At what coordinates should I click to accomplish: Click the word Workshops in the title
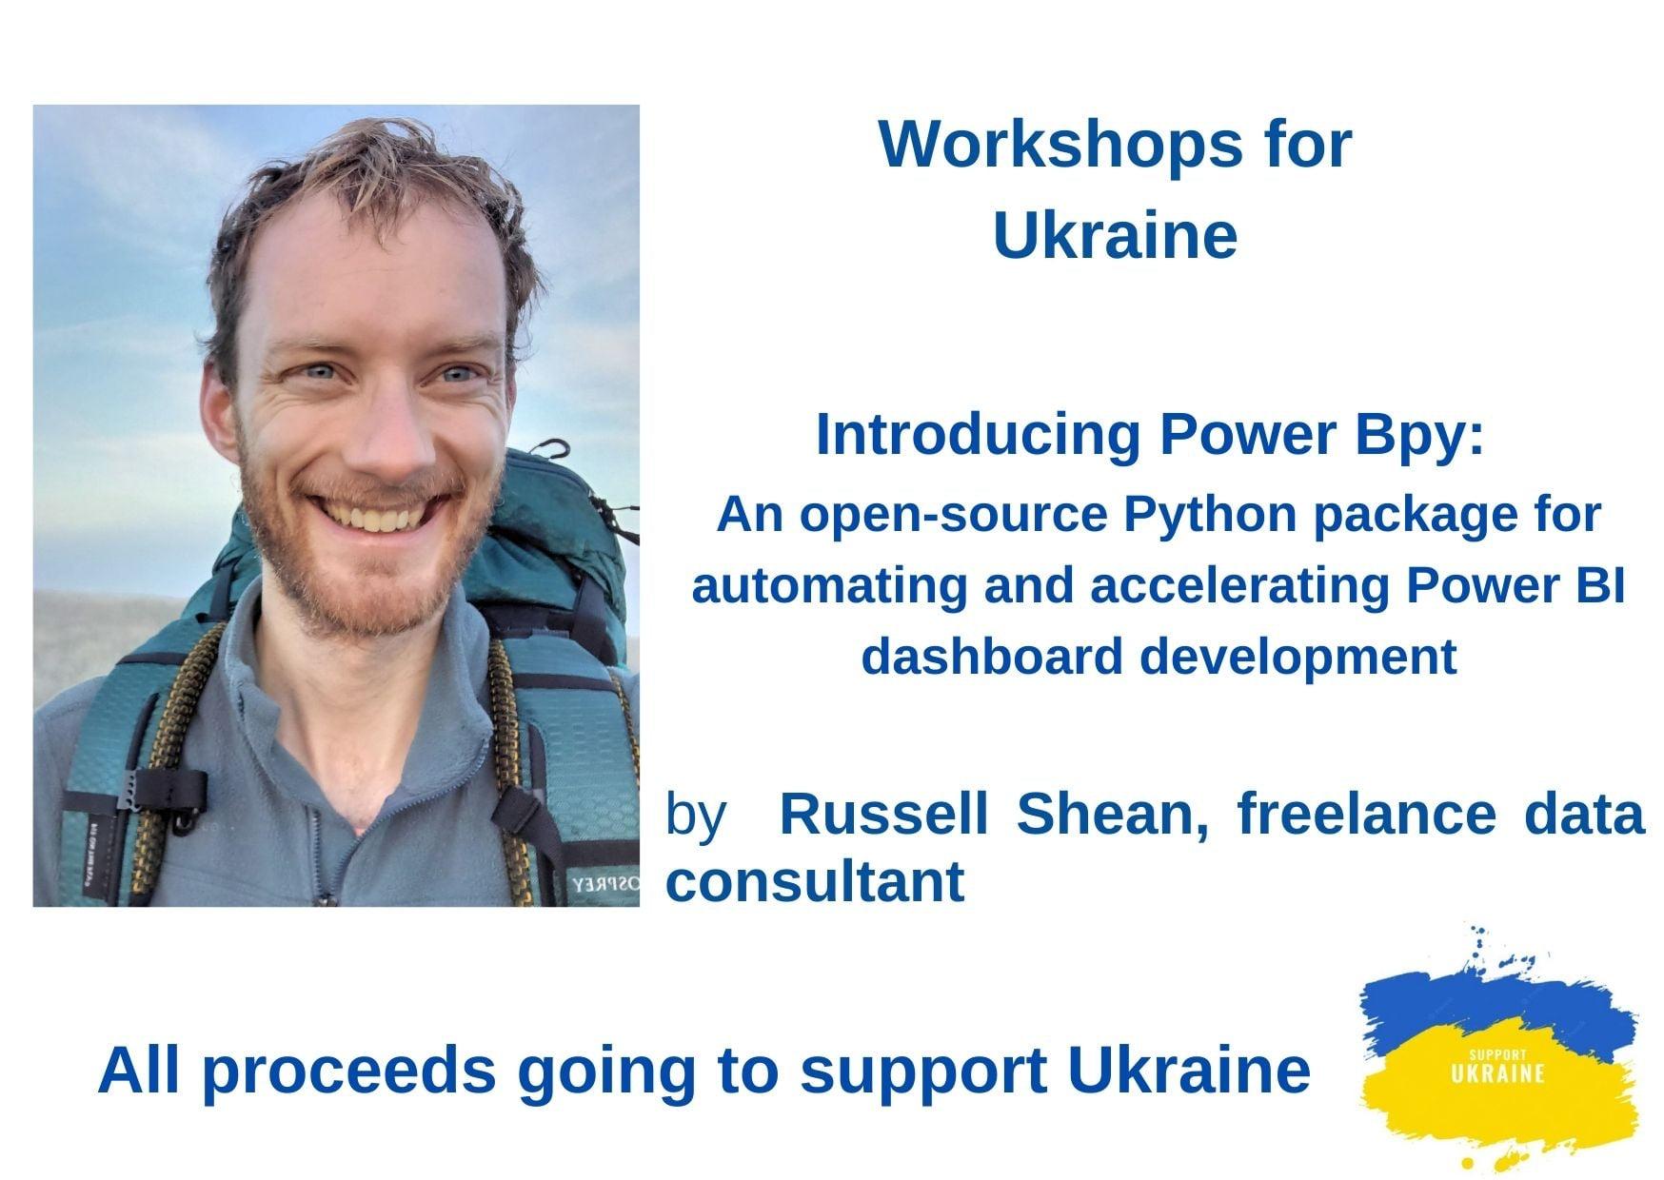1061,144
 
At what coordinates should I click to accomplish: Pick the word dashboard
991,657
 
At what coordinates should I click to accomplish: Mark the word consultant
815,882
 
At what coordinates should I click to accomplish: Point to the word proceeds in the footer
348,1072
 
